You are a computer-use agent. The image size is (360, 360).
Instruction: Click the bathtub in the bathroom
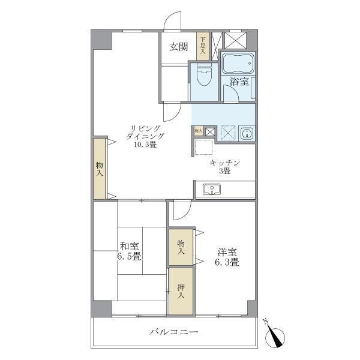(238, 62)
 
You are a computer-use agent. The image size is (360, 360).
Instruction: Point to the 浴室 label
(239, 82)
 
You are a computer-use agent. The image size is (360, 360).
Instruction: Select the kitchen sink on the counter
(211, 190)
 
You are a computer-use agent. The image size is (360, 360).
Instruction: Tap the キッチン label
(225, 163)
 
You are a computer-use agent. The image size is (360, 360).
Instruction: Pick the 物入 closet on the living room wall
(100, 169)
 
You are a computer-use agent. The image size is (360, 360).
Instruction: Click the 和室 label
(129, 245)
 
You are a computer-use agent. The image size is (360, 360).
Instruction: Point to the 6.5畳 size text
(129, 257)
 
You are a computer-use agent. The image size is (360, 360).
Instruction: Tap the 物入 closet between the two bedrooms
(181, 247)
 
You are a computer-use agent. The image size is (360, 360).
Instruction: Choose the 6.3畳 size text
(227, 262)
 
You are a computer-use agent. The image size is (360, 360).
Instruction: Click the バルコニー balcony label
(173, 332)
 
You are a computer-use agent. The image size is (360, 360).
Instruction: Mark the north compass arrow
(276, 336)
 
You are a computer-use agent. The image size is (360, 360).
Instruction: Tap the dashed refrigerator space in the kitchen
(202, 147)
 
